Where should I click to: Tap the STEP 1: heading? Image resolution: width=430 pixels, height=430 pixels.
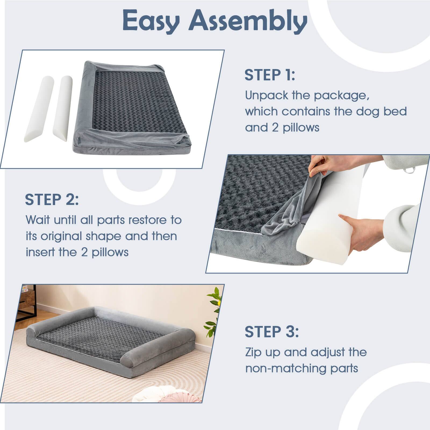tap(270, 75)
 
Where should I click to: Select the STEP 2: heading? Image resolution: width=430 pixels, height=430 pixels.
tap(52, 199)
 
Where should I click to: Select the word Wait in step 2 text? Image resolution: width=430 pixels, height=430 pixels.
tap(38, 220)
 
